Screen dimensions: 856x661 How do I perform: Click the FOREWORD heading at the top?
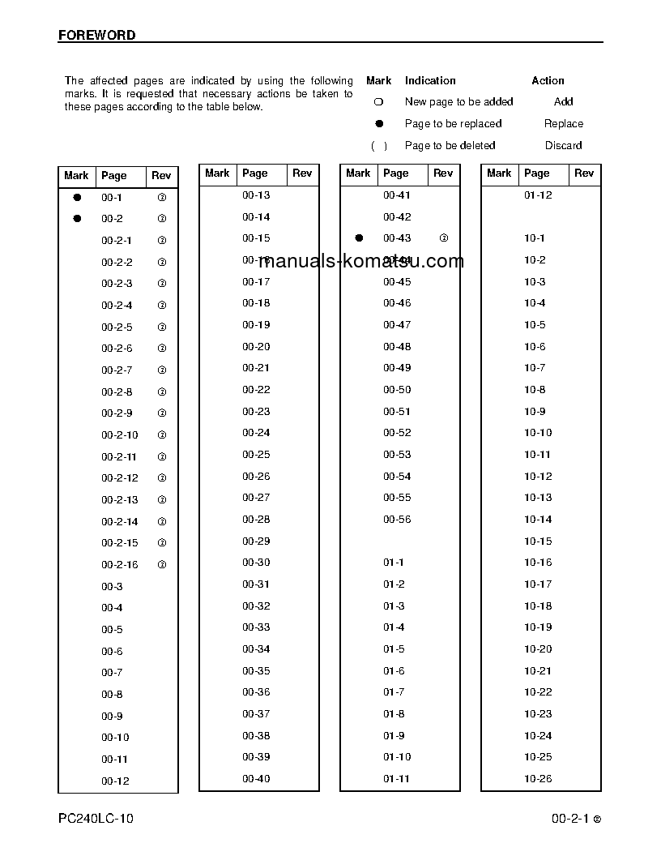coord(97,36)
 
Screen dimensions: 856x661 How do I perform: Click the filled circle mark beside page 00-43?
coord(359,238)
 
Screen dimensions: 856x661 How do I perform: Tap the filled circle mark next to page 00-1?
coord(77,197)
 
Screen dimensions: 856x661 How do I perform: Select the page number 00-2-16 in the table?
coord(119,565)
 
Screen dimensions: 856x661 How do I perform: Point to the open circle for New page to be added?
coord(378,102)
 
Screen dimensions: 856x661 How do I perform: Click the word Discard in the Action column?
coord(563,146)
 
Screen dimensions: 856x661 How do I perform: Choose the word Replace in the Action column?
coord(563,124)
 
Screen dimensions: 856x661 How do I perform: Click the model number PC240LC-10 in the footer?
coord(96,819)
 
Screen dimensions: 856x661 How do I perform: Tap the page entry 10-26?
coord(538,779)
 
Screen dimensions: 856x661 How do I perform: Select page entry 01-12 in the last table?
coord(538,195)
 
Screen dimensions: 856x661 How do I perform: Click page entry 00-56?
coord(397,520)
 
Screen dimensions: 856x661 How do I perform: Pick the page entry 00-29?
coord(256,541)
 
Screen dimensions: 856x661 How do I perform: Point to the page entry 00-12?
coord(115,781)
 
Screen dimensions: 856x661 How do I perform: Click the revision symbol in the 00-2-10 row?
coord(162,435)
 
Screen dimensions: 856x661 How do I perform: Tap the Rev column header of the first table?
coord(161,176)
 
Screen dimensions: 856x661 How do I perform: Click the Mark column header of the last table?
coord(499,173)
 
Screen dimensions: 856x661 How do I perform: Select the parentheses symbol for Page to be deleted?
coord(378,146)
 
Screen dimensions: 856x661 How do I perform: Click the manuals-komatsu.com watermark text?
coord(361,261)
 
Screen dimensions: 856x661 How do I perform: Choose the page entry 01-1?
coord(394,563)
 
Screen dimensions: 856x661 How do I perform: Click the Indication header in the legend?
coord(430,81)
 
